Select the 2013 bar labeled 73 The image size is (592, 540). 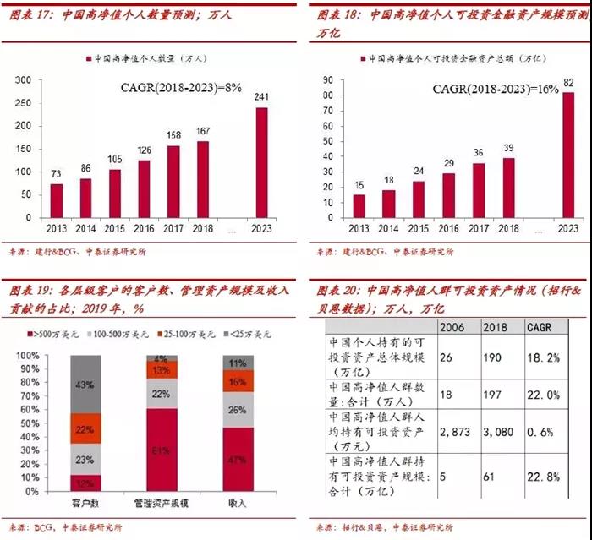tap(57, 201)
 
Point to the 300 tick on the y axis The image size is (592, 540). tap(24, 80)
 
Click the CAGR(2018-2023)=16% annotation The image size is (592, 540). tap(496, 89)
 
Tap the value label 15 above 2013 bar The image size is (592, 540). tap(359, 185)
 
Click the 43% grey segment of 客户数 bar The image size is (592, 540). tap(85, 385)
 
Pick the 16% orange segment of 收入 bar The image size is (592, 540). tap(238, 382)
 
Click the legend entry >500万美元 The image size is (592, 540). tap(52, 336)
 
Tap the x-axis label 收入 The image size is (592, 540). tap(238, 504)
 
